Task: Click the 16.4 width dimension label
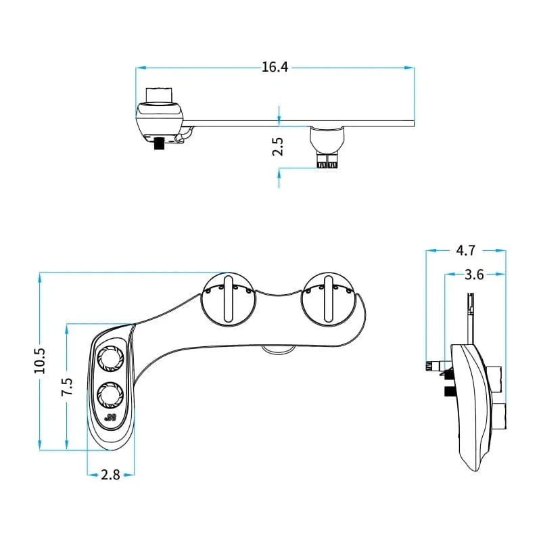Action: click(275, 67)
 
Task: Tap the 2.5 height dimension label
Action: click(278, 147)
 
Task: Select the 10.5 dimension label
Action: click(39, 360)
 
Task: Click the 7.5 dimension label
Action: click(66, 387)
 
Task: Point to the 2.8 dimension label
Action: click(110, 475)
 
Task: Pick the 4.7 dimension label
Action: click(465, 250)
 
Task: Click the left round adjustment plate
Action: click(229, 299)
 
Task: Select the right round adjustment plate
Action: click(327, 299)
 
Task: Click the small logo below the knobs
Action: click(110, 418)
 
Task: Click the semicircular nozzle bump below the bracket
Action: click(277, 350)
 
